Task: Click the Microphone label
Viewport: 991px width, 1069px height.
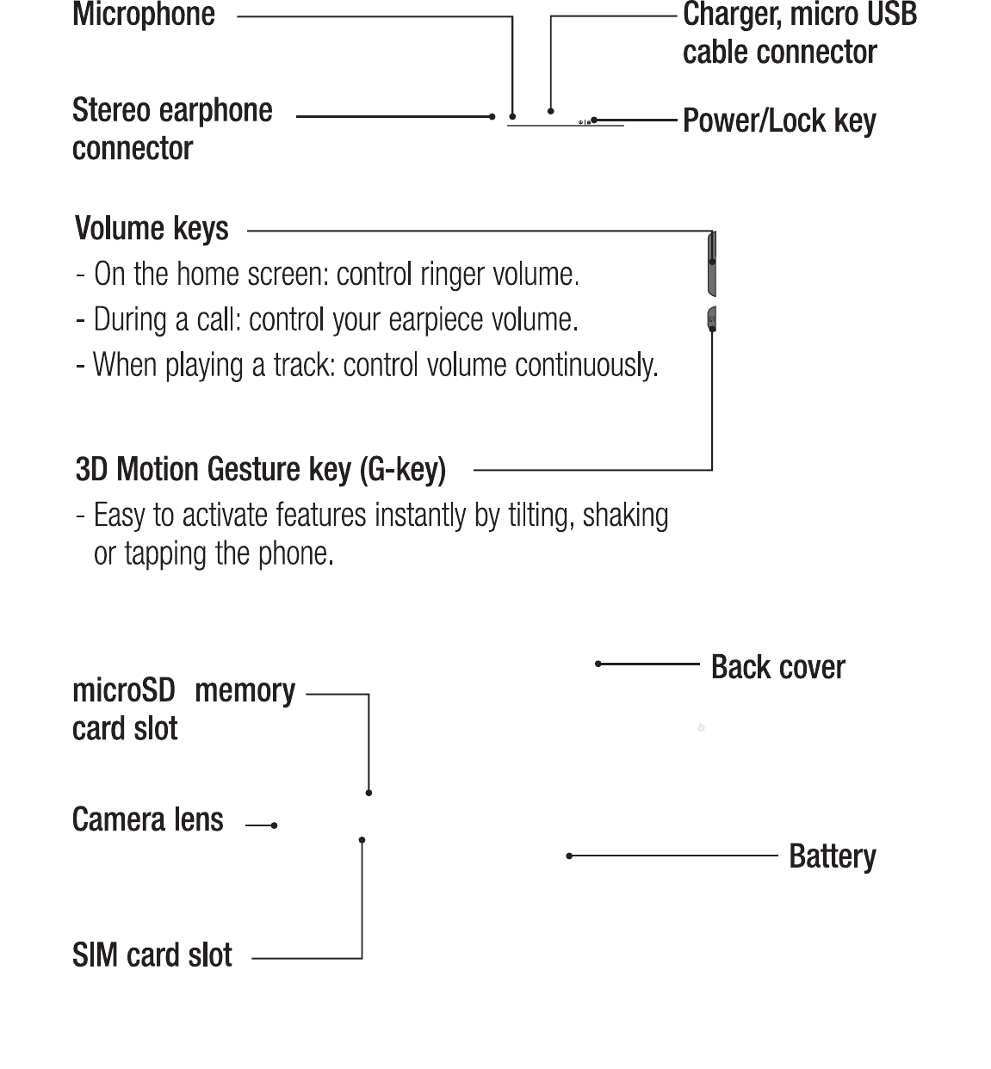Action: click(x=144, y=15)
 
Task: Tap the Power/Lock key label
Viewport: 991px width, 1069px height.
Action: click(x=779, y=120)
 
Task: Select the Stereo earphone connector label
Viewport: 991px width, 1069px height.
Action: click(x=172, y=129)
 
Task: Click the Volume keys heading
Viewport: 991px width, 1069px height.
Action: click(x=152, y=229)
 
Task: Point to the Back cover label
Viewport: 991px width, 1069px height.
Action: click(x=777, y=667)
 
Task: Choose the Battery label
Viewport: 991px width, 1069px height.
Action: click(x=832, y=856)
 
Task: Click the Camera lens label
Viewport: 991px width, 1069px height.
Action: click(x=147, y=820)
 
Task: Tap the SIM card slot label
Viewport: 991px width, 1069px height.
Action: click(x=152, y=955)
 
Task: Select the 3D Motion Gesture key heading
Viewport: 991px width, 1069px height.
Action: click(x=260, y=470)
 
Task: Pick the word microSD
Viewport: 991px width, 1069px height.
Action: click(x=124, y=690)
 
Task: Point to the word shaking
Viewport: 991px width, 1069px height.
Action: click(x=625, y=516)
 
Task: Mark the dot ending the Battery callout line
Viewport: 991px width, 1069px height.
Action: click(x=569, y=856)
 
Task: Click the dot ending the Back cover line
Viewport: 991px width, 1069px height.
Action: click(x=598, y=664)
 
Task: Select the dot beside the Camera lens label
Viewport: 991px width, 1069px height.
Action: click(x=274, y=825)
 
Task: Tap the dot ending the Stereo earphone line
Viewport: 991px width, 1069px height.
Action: click(x=492, y=116)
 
